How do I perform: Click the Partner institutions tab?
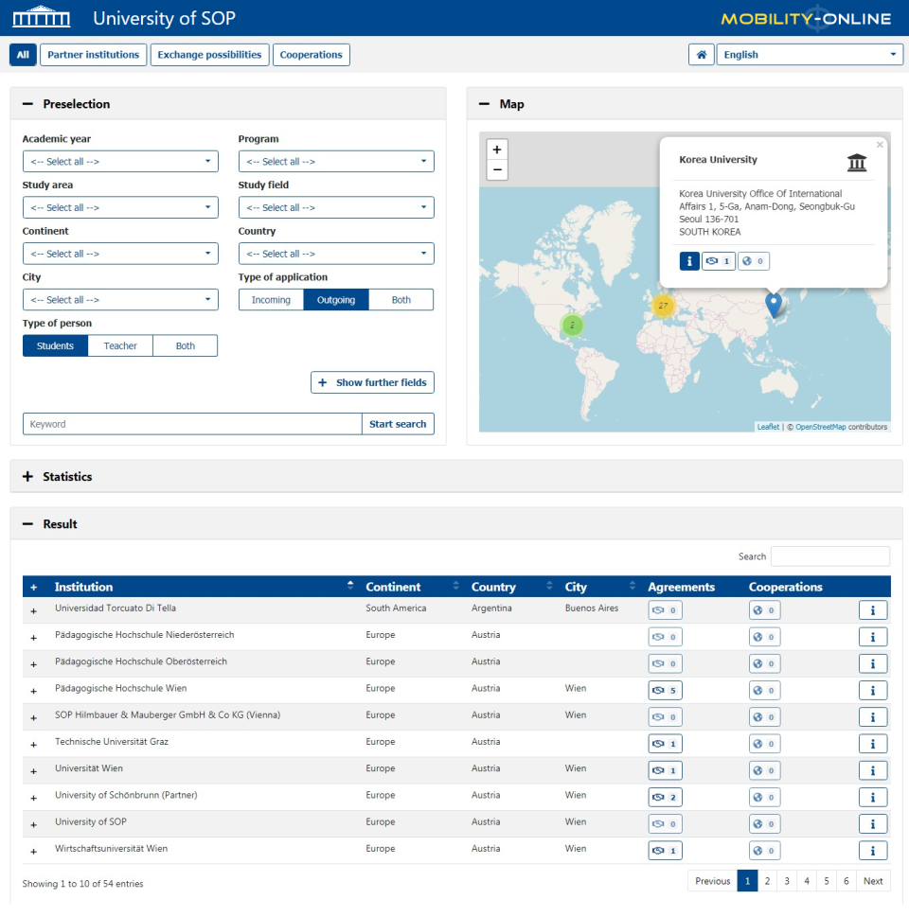[x=94, y=55]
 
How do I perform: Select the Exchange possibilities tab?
[x=209, y=55]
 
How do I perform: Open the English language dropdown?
[x=810, y=55]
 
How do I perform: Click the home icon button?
[x=701, y=55]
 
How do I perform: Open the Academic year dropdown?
[x=120, y=162]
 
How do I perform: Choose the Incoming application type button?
[x=271, y=300]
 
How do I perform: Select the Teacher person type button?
[x=120, y=346]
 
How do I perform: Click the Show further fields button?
[x=372, y=382]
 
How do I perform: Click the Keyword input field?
[x=192, y=424]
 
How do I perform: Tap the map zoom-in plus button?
[x=497, y=150]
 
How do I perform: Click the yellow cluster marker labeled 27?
[x=663, y=306]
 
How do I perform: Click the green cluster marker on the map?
[x=572, y=326]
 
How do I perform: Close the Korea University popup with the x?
[x=880, y=145]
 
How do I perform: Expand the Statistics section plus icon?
[x=27, y=477]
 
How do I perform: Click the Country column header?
[x=493, y=587]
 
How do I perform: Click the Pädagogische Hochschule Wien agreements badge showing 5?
[x=665, y=690]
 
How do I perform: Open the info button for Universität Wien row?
[x=872, y=770]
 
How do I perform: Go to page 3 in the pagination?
[x=787, y=881]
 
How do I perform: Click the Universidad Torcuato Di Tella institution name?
[x=116, y=608]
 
